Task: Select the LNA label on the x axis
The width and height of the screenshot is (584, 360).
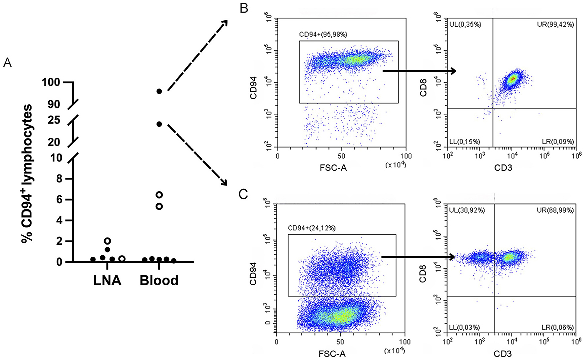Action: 108,280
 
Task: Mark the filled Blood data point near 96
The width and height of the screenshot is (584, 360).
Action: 159,91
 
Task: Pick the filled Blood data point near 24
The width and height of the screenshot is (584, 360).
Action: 159,124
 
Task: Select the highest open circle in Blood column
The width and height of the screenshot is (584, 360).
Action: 159,194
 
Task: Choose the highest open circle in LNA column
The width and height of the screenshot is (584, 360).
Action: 107,241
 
